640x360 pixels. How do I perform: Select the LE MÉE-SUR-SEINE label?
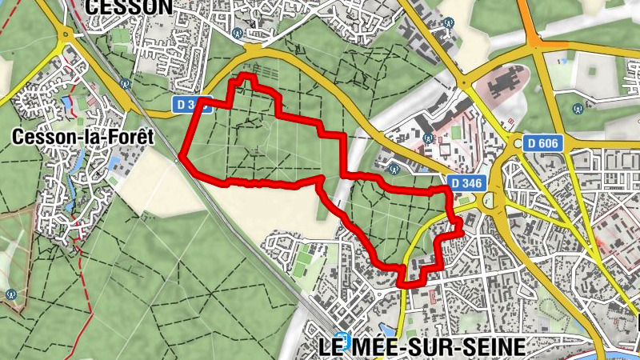click(x=422, y=347)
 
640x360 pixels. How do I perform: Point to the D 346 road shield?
click(x=466, y=183)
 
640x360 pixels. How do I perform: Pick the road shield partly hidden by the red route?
click(x=192, y=104)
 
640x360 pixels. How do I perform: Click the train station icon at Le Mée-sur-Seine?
click(x=342, y=338)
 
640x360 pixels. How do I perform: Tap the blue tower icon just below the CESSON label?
click(x=237, y=34)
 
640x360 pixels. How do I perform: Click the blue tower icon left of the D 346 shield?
click(x=394, y=169)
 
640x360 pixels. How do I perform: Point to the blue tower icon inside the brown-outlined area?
click(x=11, y=294)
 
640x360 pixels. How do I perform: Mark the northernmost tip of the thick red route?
click(x=245, y=76)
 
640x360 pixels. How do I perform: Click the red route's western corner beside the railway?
click(x=183, y=157)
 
